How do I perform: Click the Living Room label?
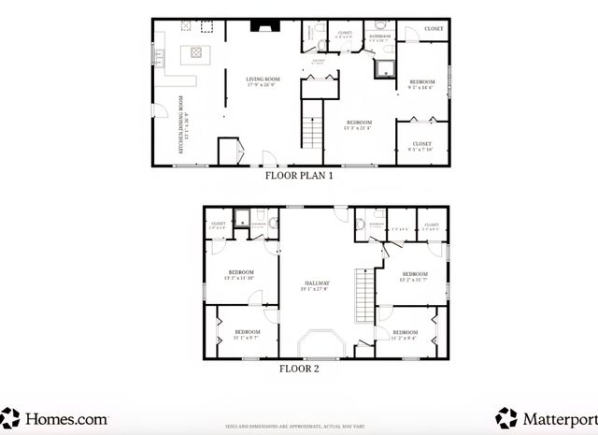(x=263, y=81)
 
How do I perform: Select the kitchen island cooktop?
(x=197, y=53)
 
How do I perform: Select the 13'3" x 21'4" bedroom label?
(x=360, y=124)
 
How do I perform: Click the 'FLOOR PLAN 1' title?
(x=298, y=175)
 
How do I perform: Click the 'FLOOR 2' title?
(x=299, y=369)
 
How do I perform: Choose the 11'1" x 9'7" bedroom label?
(x=247, y=334)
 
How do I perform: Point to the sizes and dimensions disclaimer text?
(x=299, y=425)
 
